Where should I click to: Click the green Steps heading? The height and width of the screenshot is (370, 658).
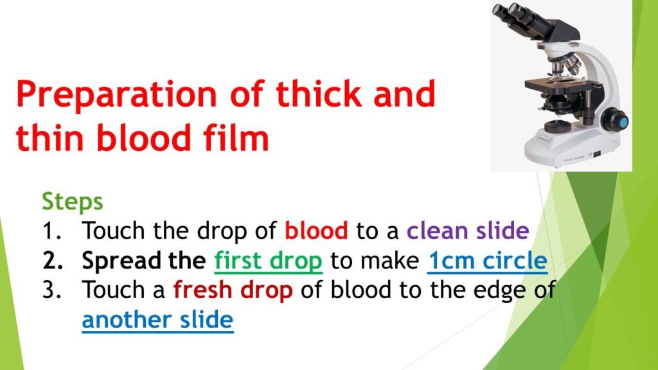(72, 201)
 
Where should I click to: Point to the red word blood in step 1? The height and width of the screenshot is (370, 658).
(316, 230)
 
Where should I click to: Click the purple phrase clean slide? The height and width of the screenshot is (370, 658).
(467, 230)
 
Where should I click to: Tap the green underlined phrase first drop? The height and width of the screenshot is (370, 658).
(268, 261)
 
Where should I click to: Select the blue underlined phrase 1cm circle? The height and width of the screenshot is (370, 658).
(487, 261)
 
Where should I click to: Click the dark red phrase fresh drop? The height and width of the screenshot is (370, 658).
(233, 291)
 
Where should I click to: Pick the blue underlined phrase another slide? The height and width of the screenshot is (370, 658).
(157, 320)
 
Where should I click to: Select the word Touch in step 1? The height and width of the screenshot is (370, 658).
(114, 230)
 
